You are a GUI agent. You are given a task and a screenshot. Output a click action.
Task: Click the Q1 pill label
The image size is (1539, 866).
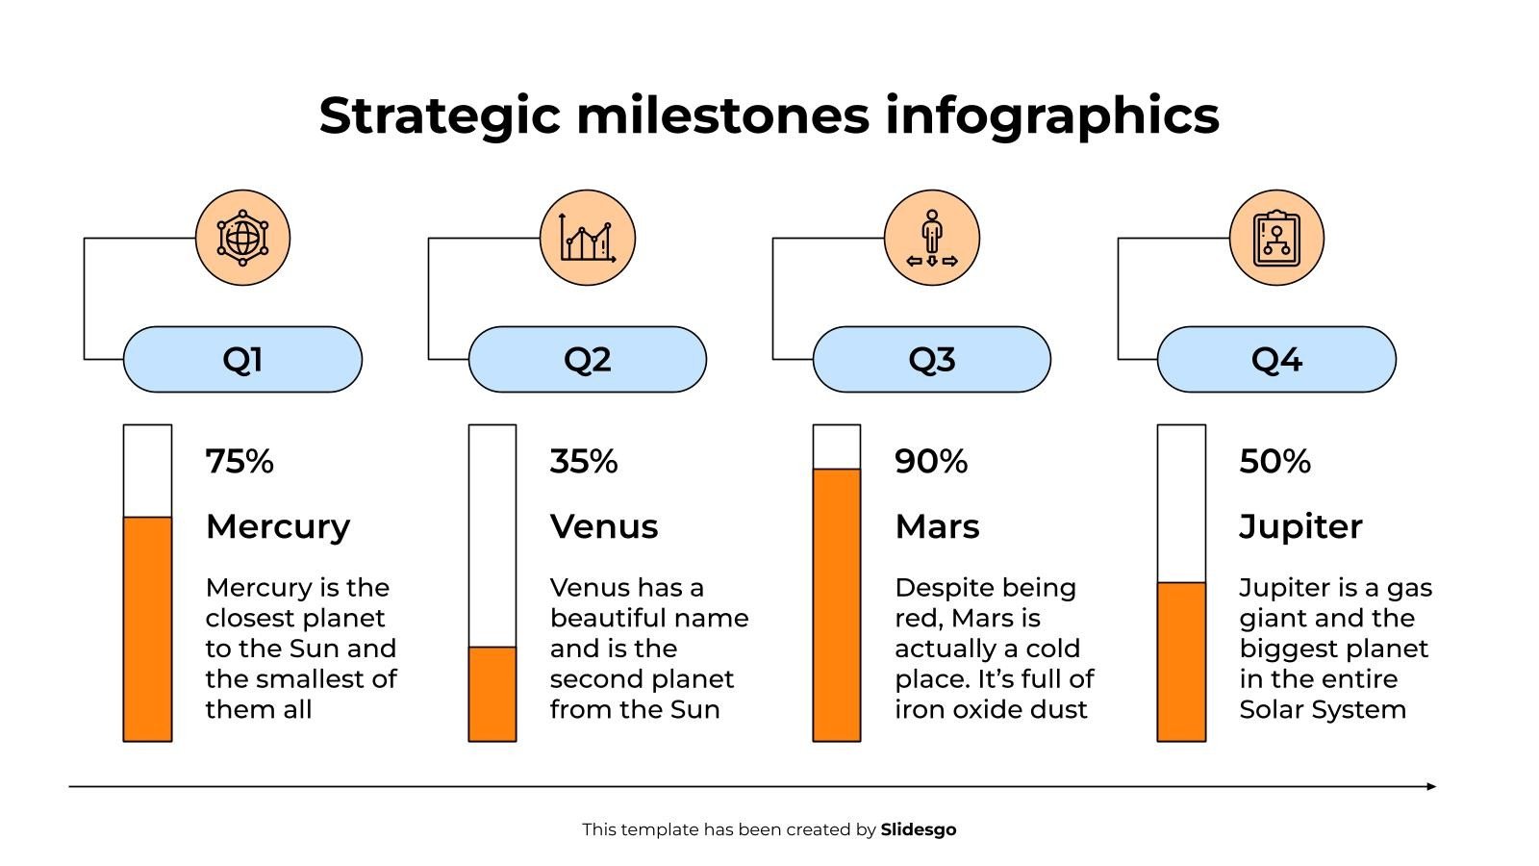click(x=242, y=359)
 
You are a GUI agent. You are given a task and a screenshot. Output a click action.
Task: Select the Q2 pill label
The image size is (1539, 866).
click(x=587, y=359)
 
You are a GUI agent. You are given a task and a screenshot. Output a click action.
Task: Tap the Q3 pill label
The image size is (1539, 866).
click(x=931, y=359)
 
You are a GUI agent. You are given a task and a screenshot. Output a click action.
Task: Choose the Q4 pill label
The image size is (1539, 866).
click(x=1275, y=359)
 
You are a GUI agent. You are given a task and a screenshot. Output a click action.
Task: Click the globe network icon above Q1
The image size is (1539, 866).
click(x=242, y=238)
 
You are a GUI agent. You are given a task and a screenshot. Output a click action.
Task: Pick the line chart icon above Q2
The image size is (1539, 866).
click(x=588, y=238)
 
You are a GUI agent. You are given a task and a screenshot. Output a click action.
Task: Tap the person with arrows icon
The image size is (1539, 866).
click(x=931, y=238)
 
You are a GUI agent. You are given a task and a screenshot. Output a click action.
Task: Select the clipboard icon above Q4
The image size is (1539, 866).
click(x=1276, y=238)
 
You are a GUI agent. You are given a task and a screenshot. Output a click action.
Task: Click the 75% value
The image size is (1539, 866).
click(x=240, y=462)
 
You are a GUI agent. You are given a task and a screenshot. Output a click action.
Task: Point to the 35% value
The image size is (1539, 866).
click(x=584, y=462)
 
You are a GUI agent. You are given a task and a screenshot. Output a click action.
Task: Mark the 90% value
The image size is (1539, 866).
click(x=930, y=462)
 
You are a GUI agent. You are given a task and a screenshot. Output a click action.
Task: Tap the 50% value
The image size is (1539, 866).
click(x=1274, y=462)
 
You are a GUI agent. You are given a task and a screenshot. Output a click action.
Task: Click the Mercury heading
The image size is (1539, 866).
click(x=278, y=526)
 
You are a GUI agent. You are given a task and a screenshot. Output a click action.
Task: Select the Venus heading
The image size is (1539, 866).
click(x=604, y=526)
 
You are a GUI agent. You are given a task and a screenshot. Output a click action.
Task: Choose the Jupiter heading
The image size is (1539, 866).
click(x=1300, y=526)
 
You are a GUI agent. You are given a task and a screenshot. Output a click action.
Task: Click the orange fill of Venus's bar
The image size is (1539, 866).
click(x=492, y=694)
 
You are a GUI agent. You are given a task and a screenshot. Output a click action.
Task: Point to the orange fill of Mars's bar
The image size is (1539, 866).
click(x=837, y=604)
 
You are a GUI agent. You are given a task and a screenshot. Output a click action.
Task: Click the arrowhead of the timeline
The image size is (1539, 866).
click(x=1431, y=786)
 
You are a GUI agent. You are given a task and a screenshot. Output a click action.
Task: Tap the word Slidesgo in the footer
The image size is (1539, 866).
click(x=919, y=829)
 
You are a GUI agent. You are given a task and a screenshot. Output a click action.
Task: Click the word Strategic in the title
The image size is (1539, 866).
click(x=440, y=115)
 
